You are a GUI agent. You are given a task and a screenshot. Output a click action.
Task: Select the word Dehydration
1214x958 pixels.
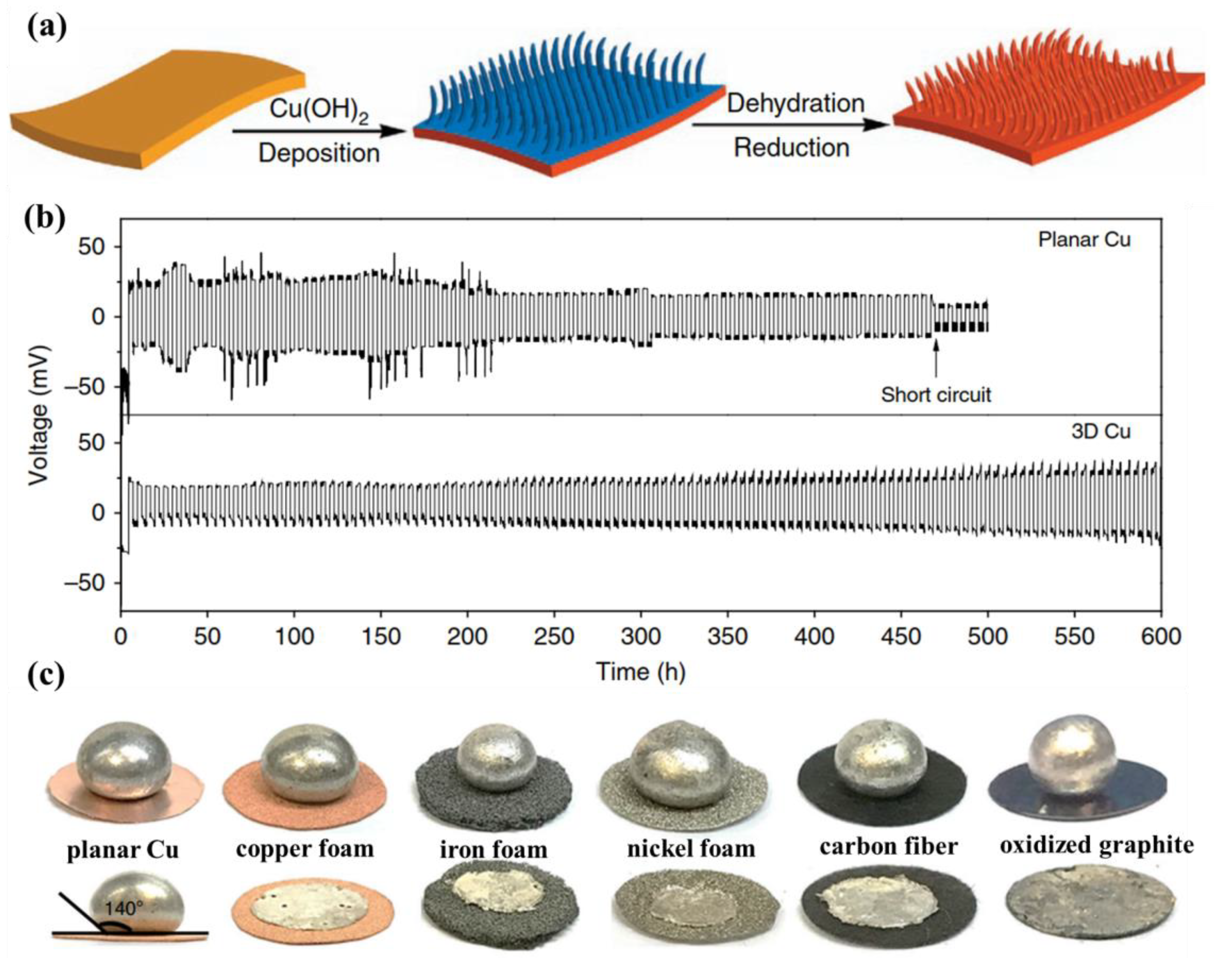(x=796, y=103)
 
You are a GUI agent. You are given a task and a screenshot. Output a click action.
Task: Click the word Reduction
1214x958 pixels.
(x=792, y=148)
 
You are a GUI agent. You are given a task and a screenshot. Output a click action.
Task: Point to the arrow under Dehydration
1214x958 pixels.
(x=792, y=125)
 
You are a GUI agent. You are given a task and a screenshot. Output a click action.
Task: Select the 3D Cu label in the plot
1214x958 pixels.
(x=1101, y=431)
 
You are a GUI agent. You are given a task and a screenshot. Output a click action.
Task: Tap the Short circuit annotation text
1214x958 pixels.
(x=936, y=394)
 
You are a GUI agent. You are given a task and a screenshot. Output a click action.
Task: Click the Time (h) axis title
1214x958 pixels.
(x=640, y=671)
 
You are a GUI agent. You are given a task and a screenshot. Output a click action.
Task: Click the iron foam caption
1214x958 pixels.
(x=493, y=849)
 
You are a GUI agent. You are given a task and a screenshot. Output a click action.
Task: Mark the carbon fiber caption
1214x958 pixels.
(x=889, y=846)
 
